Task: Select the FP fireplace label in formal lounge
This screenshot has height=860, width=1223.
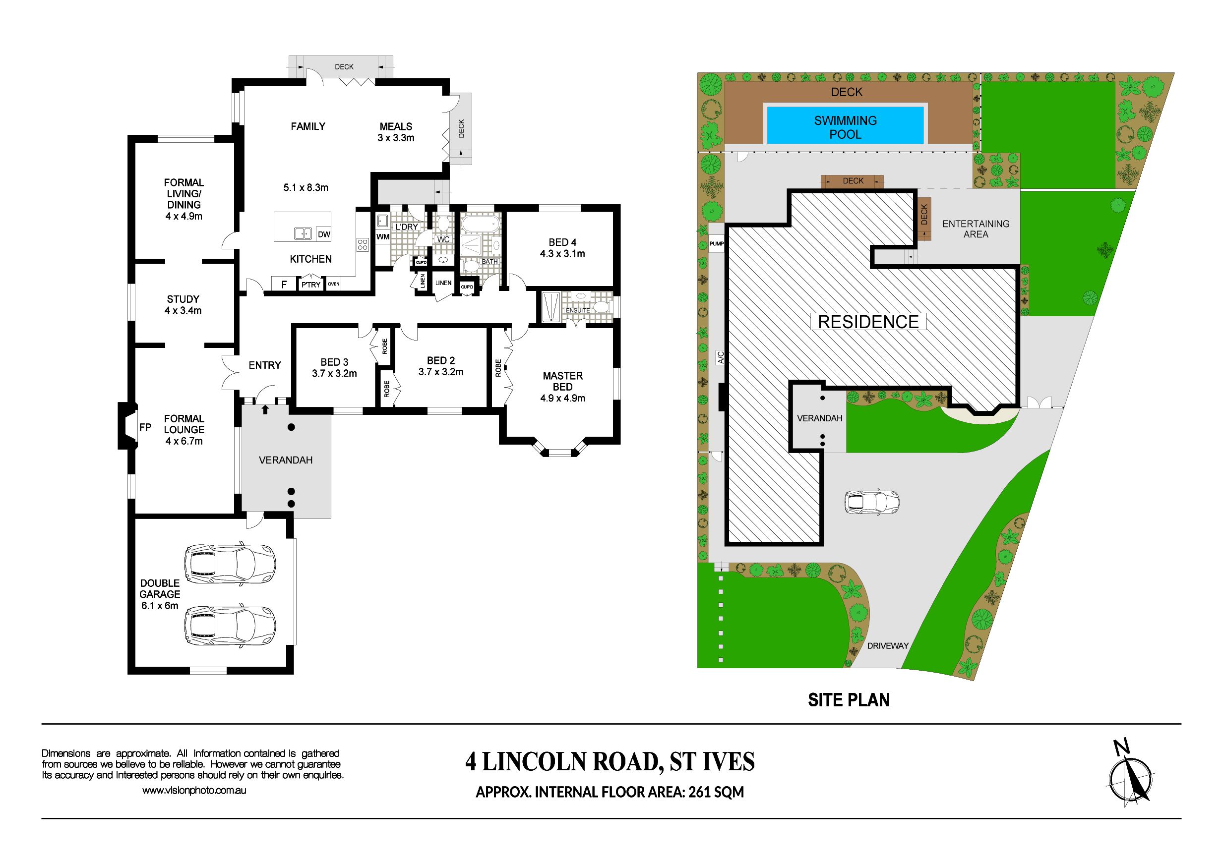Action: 145,427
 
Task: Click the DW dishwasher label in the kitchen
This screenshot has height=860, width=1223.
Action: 324,234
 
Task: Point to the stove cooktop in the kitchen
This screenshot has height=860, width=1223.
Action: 363,245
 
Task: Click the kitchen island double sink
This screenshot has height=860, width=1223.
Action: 303,233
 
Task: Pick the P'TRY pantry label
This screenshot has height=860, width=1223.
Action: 310,285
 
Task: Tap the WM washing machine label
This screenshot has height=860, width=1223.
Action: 383,237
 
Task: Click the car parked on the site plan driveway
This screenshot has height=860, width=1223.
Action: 872,502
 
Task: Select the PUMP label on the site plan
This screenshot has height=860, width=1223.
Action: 717,244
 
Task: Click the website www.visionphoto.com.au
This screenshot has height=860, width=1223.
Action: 194,791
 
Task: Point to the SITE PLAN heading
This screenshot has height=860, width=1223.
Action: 849,700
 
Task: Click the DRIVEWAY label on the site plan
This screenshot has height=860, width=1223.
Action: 888,645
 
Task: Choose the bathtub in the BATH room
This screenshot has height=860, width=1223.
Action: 480,223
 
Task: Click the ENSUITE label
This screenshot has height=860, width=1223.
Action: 578,310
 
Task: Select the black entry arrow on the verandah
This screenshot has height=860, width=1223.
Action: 265,409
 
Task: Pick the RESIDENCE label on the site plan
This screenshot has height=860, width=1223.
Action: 868,322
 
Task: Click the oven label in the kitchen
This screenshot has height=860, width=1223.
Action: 333,284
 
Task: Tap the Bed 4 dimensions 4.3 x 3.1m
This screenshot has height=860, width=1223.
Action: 562,254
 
